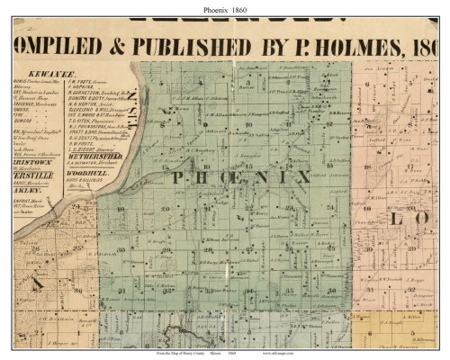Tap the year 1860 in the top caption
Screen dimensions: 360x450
(244, 8)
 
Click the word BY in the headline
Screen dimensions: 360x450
(267, 44)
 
